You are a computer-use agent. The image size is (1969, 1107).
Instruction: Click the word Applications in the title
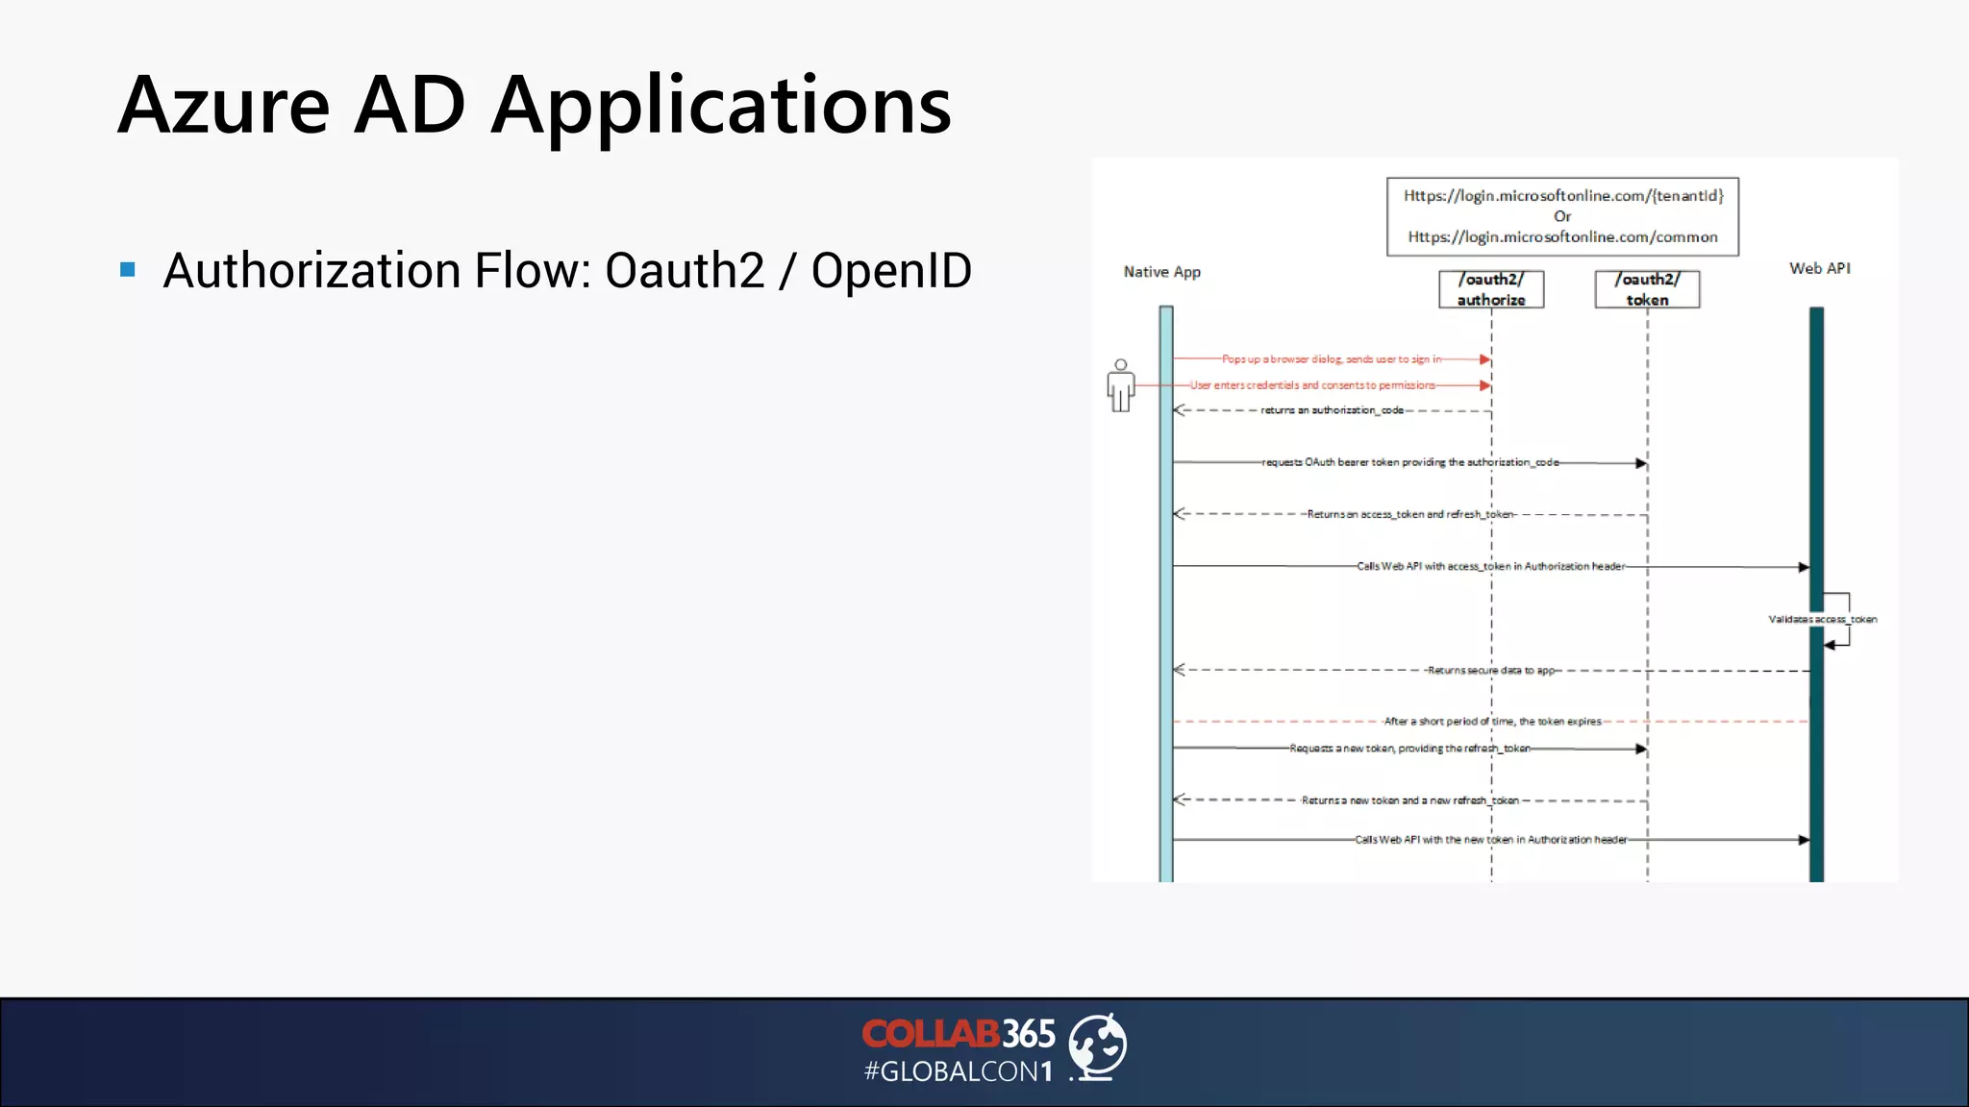[721, 108]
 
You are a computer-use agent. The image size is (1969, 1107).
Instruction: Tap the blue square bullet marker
[128, 269]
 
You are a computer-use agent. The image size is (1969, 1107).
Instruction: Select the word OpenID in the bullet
[891, 270]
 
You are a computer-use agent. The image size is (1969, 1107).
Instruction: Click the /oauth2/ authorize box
[1491, 289]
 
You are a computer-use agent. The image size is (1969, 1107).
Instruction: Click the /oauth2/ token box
[1647, 289]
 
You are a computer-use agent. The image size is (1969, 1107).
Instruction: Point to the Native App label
[1161, 272]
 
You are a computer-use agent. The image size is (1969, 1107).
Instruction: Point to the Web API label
[1819, 268]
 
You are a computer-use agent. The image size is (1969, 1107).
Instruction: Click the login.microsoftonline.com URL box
[1562, 216]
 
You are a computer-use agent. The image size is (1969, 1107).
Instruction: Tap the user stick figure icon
[1120, 386]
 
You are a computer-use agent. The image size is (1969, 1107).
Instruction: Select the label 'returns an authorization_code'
[1332, 410]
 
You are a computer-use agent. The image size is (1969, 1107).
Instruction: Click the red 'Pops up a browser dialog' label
[1332, 359]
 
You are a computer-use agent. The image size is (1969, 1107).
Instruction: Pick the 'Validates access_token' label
[1822, 620]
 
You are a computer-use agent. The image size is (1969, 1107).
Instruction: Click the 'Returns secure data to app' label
[1490, 671]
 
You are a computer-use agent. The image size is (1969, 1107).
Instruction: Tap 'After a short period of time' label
[1492, 722]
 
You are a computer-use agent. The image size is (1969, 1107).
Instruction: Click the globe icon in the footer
[1098, 1045]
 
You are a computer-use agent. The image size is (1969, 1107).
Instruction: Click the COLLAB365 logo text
[958, 1034]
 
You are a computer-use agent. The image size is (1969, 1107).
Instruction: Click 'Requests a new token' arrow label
[1409, 749]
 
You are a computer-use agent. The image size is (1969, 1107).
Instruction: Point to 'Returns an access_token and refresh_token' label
[1410, 515]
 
